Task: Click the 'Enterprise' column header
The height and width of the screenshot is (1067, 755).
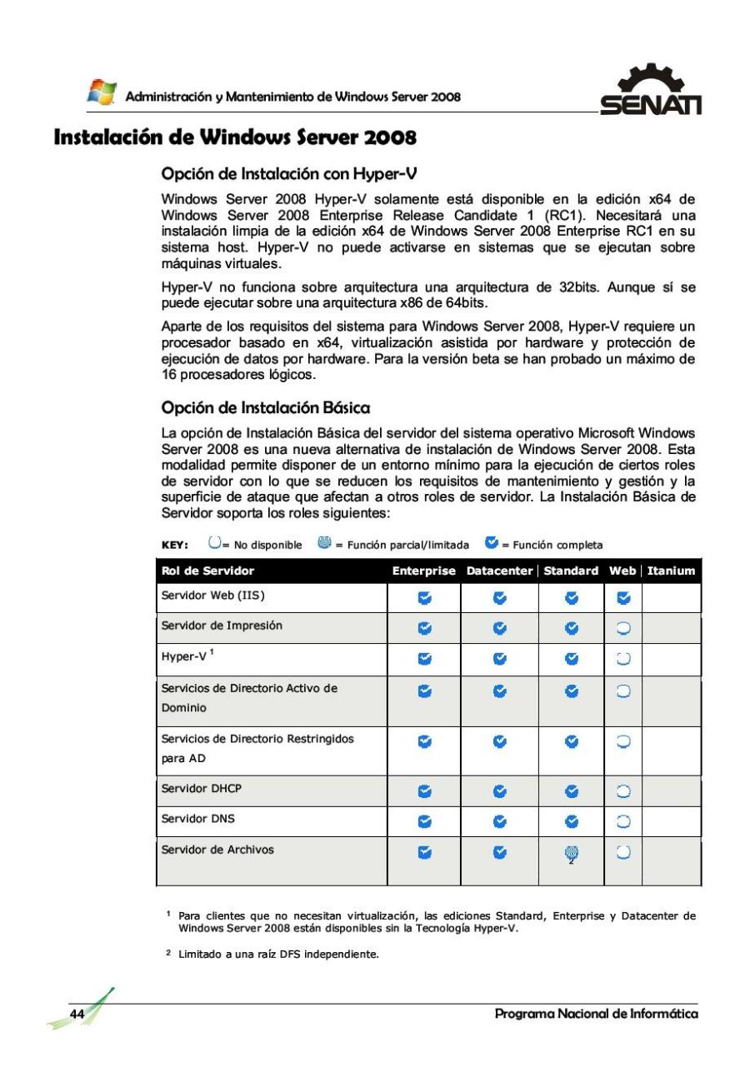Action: (x=424, y=571)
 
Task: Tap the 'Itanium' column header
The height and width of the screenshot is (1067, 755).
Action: (x=671, y=571)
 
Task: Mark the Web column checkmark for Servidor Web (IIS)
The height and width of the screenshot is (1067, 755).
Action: (x=623, y=597)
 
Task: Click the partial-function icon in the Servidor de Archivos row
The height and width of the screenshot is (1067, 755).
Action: (x=571, y=852)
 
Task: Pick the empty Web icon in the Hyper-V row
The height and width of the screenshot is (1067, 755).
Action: (x=623, y=659)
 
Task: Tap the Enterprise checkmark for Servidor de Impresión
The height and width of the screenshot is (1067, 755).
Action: (x=425, y=627)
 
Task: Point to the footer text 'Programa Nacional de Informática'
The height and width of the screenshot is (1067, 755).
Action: (x=596, y=1014)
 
